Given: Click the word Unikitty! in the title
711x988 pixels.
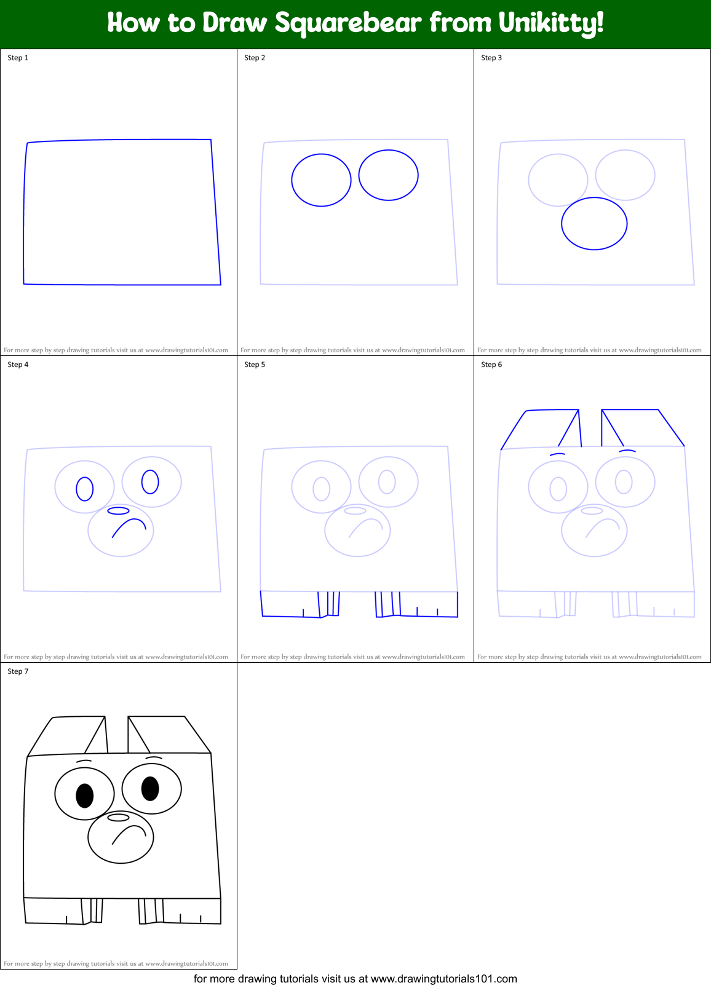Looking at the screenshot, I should tap(551, 23).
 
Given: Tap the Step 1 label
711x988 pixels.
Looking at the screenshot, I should tap(18, 58).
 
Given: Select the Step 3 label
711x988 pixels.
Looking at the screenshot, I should tap(491, 58).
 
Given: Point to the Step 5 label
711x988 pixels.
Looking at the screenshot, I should tap(255, 365).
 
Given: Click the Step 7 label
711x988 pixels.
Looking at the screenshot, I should tap(18, 671).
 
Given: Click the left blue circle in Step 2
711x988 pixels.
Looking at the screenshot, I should tap(321, 180).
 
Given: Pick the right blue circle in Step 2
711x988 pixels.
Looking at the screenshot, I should tap(388, 175).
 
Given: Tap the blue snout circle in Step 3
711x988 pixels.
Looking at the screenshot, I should tap(594, 224).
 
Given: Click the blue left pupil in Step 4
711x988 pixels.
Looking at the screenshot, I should tap(84, 489).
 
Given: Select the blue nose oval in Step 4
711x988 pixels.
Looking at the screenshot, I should tap(119, 511).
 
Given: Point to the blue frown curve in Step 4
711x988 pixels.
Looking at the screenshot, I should tap(129, 526).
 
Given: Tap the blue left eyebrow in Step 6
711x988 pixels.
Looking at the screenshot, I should tap(557, 454).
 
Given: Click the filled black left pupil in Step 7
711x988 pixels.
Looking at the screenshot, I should tap(84, 796).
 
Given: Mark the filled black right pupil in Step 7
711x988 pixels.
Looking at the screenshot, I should tap(150, 788).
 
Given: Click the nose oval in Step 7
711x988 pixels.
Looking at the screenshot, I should tap(119, 817).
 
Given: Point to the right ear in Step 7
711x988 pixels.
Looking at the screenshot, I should tap(169, 734).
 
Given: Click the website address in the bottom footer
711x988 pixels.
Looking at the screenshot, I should tap(443, 979).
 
